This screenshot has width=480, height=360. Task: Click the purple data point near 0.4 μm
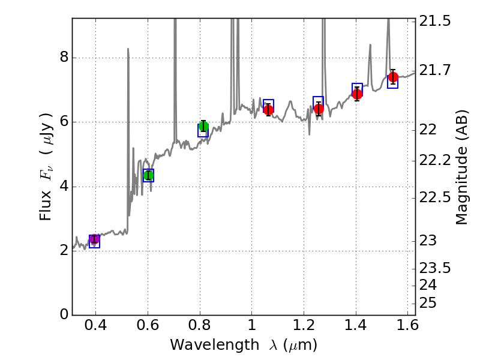pos(94,239)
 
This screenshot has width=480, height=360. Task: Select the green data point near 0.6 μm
pos(148,175)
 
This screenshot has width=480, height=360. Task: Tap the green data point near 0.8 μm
pos(203,126)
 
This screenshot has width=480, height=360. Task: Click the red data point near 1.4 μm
pos(357,94)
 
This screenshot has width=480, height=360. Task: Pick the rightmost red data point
pos(393,77)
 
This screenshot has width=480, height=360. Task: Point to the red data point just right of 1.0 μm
pos(268,109)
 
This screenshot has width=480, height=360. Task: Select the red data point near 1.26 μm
pos(319,109)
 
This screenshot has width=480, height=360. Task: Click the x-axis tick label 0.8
pos(200,328)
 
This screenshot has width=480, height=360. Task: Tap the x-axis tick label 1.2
pos(304,328)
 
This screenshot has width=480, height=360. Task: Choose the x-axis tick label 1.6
pos(407,328)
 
